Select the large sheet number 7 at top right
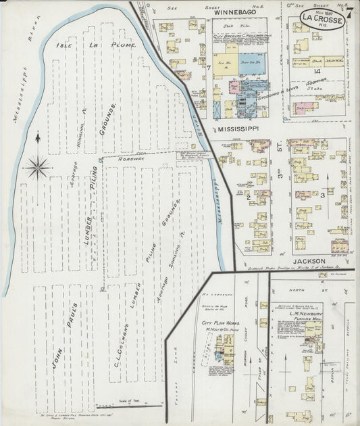click(352, 15)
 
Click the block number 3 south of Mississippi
click(323, 195)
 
